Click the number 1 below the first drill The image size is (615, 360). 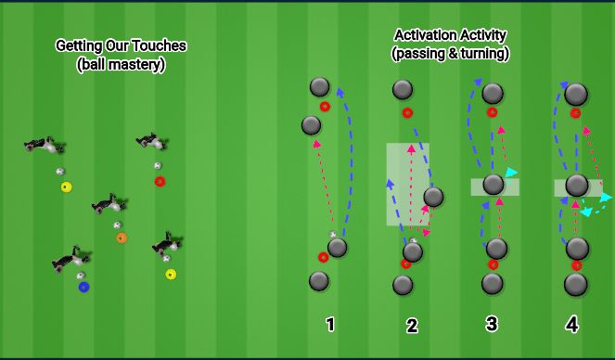pyautogui.click(x=330, y=325)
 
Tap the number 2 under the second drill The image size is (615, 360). pyautogui.click(x=412, y=326)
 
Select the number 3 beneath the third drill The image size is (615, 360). pyautogui.click(x=492, y=324)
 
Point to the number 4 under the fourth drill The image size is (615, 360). pyautogui.click(x=572, y=325)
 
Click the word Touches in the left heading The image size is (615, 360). pyautogui.click(x=159, y=45)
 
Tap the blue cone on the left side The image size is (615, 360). pyautogui.click(x=83, y=288)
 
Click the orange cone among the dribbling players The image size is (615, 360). pyautogui.click(x=122, y=238)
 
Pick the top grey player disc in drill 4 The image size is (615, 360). pyautogui.click(x=575, y=94)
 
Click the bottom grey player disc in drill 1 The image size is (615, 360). pyautogui.click(x=319, y=280)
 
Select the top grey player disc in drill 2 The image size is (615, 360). pyautogui.click(x=403, y=89)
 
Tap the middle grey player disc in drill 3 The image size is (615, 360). pyautogui.click(x=493, y=184)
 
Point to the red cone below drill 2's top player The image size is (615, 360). pyautogui.click(x=407, y=113)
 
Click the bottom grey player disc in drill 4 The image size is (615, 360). pyautogui.click(x=576, y=284)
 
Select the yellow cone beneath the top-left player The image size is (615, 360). pyautogui.click(x=66, y=187)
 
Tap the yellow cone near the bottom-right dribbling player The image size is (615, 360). pyautogui.click(x=171, y=274)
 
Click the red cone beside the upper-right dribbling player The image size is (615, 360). pyautogui.click(x=160, y=181)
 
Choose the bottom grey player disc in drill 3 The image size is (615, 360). pyautogui.click(x=493, y=283)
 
